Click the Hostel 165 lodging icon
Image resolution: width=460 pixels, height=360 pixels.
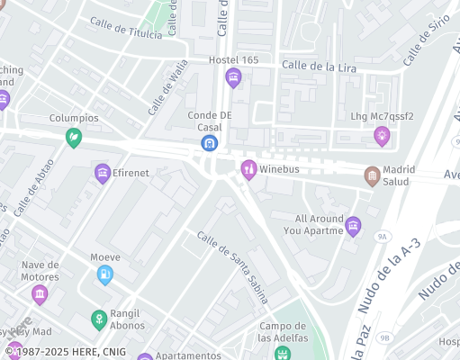pos(234,76)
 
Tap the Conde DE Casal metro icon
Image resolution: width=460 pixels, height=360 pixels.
pos(210,142)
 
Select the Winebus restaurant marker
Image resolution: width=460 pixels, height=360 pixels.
pos(248,167)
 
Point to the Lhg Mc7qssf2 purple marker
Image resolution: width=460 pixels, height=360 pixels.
pos(382,134)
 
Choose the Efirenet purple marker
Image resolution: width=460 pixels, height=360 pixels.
pos(103,172)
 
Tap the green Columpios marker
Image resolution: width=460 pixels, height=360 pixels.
pos(74,136)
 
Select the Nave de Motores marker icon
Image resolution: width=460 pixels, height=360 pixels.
pos(39,293)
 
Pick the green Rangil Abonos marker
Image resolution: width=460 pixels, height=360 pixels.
pos(99,319)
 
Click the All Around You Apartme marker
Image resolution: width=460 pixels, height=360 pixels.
pos(353,224)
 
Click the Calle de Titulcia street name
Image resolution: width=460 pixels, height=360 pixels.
pos(126,28)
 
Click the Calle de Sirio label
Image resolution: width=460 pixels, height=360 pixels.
pos(427,42)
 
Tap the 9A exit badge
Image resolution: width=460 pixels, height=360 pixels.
pos(383,237)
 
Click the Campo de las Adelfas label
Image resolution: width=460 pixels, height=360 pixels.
pos(284,332)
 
